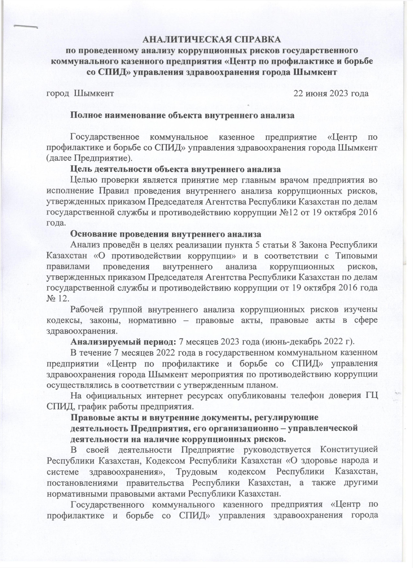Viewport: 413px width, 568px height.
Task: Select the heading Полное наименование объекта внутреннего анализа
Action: click(182, 115)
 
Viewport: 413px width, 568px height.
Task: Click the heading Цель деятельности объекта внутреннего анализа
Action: click(175, 169)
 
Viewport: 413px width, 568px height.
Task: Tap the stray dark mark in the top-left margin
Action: click(25, 27)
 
